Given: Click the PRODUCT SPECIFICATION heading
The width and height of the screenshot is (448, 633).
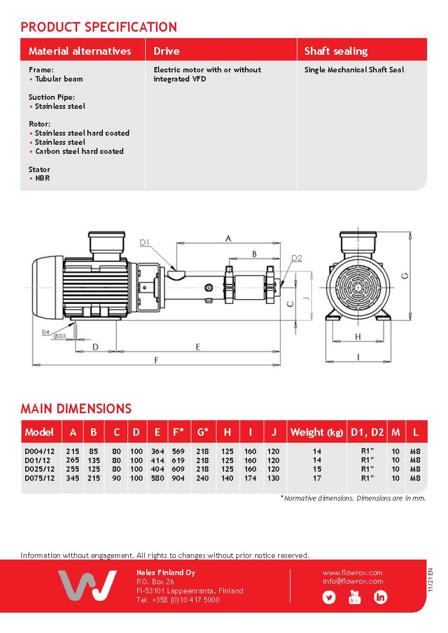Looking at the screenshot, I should (99, 27).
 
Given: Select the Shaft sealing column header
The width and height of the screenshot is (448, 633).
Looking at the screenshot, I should (335, 51).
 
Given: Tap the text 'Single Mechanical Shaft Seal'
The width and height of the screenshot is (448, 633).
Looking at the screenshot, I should (354, 70).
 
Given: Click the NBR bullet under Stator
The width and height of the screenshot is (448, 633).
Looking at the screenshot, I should (42, 178).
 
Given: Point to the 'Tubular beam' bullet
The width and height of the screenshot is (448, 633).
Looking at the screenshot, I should (59, 79).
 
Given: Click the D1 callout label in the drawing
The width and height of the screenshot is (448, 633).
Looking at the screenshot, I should (145, 243).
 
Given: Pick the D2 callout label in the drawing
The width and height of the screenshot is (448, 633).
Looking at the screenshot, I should (296, 258).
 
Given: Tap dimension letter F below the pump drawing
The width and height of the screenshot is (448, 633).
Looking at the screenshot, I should (156, 360).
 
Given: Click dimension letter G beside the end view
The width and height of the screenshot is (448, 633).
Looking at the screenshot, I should (406, 275).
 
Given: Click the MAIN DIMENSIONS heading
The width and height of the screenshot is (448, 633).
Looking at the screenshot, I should (76, 408).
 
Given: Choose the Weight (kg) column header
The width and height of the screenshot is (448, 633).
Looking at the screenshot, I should (316, 432).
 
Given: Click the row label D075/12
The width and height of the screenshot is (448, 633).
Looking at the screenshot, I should (39, 478).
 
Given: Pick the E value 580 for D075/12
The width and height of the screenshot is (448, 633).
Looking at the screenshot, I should (158, 478).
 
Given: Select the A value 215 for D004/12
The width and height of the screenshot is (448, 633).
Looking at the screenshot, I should (72, 451).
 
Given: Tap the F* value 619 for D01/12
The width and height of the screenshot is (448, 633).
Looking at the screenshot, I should (178, 460).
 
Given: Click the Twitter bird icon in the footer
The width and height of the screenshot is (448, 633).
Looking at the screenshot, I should (328, 597).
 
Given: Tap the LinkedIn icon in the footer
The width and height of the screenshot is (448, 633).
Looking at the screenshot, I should (380, 597).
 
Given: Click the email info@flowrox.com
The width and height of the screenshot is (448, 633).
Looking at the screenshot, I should (353, 581).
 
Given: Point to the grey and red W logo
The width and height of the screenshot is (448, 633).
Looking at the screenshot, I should (87, 585).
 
